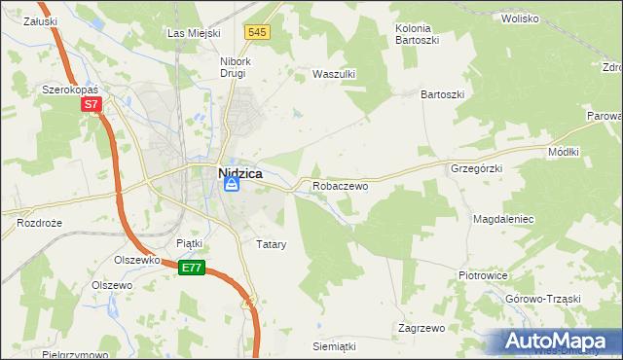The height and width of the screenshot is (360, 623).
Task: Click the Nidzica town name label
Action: (x=234, y=171)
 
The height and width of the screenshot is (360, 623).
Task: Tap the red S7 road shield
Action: (x=91, y=104)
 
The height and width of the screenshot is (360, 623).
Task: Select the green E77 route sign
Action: (x=192, y=268)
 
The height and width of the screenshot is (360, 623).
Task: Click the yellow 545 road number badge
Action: (x=257, y=32)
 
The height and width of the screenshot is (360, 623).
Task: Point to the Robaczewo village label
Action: (x=340, y=185)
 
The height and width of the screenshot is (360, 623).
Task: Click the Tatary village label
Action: (x=271, y=244)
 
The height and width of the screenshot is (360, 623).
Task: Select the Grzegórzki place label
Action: (x=476, y=168)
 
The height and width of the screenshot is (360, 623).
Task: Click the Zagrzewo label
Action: (x=421, y=328)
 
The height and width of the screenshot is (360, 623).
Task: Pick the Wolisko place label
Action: (x=520, y=18)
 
